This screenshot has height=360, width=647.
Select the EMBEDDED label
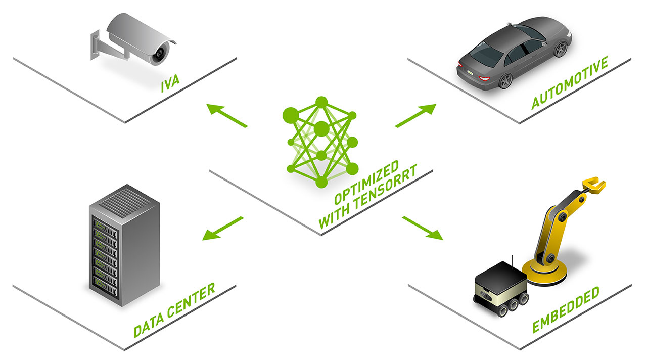[566, 309]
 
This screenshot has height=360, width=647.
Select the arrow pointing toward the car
[415, 116]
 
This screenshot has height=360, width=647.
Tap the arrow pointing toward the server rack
[223, 228]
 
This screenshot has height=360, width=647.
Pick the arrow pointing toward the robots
[422, 228]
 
